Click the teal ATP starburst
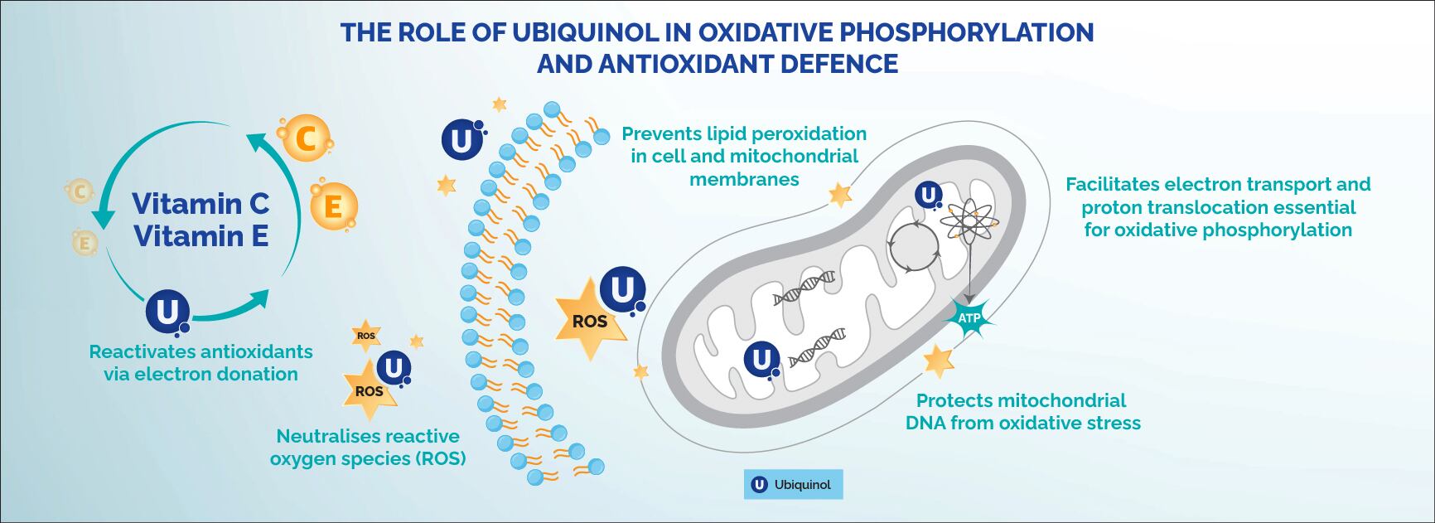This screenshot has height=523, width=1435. click(969, 318)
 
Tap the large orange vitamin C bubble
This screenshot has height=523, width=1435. click(305, 138)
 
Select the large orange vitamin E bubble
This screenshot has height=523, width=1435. click(333, 205)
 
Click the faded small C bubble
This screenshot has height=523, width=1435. click(80, 192)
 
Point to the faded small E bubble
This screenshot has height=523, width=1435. click(83, 243)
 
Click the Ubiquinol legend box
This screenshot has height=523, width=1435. click(793, 484)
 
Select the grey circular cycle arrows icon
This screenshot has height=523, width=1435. click(913, 246)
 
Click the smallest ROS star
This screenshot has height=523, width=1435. click(365, 336)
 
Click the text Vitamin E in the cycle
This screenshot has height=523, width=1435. click(201, 237)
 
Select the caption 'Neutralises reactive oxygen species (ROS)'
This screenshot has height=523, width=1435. click(368, 447)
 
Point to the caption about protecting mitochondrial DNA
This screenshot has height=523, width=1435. click(1022, 412)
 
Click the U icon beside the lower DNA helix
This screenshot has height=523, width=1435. click(761, 361)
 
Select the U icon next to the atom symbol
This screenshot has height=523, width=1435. click(929, 196)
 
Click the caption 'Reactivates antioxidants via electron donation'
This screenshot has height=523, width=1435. click(201, 362)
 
